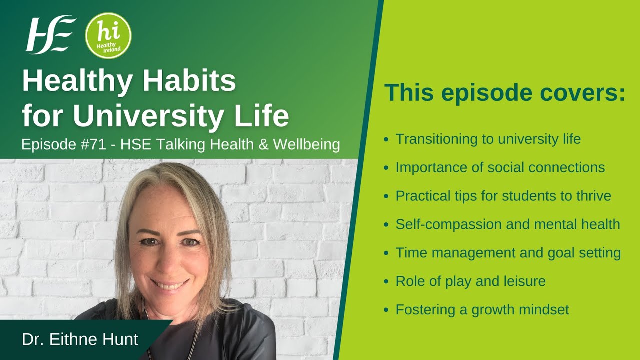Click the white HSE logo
(x=50, y=34)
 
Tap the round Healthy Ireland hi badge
(x=108, y=35)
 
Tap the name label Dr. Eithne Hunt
(x=80, y=340)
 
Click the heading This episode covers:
(x=504, y=93)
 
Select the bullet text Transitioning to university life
(x=488, y=139)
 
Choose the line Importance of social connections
(x=500, y=168)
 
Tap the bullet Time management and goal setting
(x=508, y=253)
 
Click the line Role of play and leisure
(x=470, y=281)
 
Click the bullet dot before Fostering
(x=386, y=310)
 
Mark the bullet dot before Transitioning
(x=386, y=139)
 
